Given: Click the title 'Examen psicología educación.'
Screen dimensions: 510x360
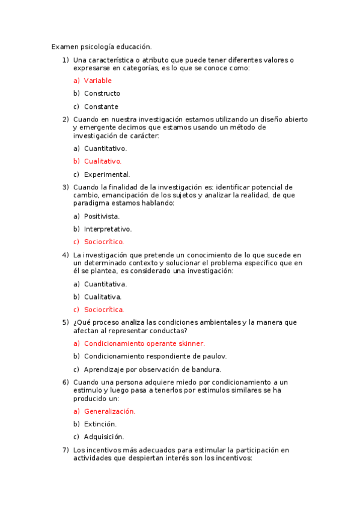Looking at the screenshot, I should click(102, 46).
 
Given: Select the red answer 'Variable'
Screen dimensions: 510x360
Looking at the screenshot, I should click(97, 81).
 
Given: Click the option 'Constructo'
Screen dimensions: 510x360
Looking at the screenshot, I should click(102, 93).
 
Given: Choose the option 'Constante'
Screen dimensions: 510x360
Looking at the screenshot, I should click(101, 106).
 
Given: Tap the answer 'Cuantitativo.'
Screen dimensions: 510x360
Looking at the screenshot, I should click(105, 149).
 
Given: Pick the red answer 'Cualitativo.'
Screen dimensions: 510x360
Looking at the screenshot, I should click(103, 161).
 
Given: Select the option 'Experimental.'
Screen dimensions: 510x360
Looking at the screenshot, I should click(107, 174).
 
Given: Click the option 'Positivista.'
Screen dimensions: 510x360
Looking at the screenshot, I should click(102, 216).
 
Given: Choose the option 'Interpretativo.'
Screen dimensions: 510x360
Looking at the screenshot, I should click(108, 229).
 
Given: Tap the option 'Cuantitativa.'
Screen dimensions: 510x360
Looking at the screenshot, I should click(105, 284).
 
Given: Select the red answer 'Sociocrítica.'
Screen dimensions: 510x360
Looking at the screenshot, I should click(104, 310).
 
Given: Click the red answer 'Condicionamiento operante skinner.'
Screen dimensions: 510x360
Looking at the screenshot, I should click(144, 343).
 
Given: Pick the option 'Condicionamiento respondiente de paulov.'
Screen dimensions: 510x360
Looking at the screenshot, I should click(155, 356).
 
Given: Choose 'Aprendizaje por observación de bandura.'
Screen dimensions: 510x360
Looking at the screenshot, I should click(153, 369).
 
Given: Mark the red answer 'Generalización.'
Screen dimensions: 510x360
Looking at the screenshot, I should click(109, 411).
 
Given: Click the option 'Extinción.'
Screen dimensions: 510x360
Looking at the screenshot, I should click(100, 424).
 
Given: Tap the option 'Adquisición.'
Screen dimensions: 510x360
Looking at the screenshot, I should click(103, 437).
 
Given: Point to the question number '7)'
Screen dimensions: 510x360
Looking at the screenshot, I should click(66, 450).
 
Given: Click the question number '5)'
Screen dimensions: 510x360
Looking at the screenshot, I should click(66, 322).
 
